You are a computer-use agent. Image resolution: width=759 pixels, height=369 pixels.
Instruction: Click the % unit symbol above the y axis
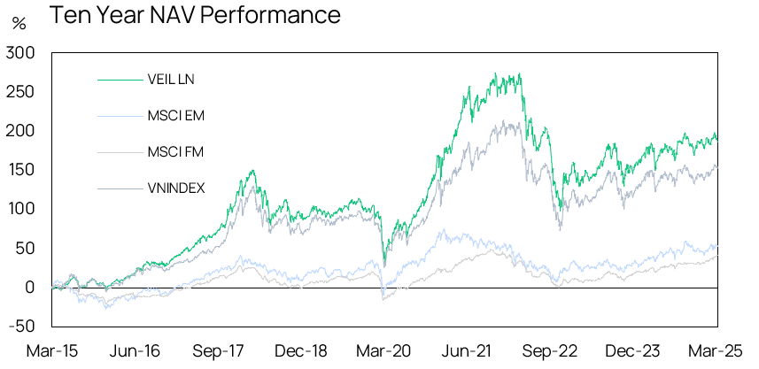click(19, 23)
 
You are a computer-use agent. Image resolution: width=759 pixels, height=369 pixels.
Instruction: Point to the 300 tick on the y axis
click(19, 53)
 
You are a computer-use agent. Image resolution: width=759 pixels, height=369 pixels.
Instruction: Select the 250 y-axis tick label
click(20, 92)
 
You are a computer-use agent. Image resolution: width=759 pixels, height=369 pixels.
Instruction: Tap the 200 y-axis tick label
click(20, 131)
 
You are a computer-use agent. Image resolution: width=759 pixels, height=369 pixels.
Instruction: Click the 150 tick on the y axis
click(21, 170)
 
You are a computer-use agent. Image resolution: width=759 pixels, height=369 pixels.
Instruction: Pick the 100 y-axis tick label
click(21, 209)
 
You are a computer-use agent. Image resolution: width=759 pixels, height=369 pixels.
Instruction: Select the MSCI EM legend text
click(175, 115)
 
